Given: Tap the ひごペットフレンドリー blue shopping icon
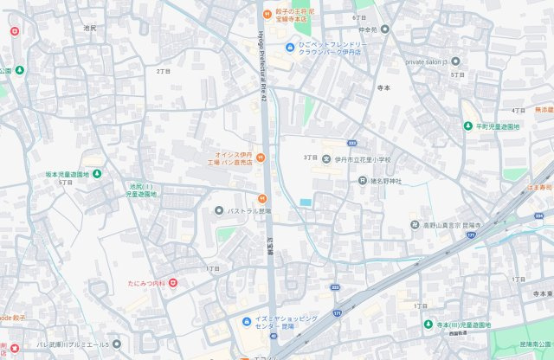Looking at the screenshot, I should click(x=290, y=47).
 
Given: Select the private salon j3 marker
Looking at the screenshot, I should click(x=455, y=61).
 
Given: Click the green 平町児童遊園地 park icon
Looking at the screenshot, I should click(x=467, y=126).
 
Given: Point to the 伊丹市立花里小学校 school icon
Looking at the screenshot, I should click(x=326, y=159).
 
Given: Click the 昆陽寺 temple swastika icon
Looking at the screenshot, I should click(x=415, y=225).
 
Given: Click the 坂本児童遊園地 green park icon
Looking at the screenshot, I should click(x=96, y=174).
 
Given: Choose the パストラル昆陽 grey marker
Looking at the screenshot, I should click(x=219, y=210).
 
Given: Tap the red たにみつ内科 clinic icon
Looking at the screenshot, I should click(x=173, y=283).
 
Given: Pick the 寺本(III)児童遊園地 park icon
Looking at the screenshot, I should click(x=428, y=325).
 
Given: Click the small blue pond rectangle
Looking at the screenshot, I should click(x=305, y=202).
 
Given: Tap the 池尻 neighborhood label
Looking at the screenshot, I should click(x=89, y=29).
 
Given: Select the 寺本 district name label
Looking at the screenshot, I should click(x=383, y=88).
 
